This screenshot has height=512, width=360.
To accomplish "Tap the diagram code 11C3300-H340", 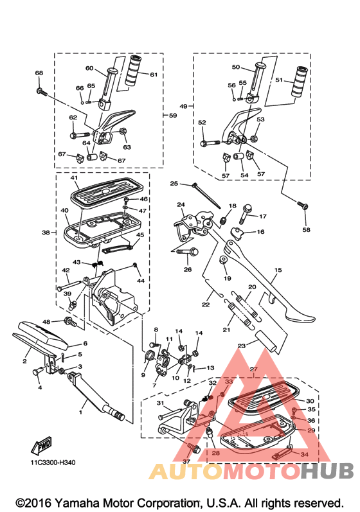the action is (x=53, y=463).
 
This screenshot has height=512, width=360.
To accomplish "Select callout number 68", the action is (x=39, y=73).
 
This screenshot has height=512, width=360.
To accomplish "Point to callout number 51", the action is (x=278, y=80).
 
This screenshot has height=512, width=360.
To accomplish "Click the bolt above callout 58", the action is (x=303, y=206).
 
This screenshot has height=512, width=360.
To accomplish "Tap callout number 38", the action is (x=46, y=233).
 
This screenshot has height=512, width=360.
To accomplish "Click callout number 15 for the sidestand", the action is (x=278, y=270).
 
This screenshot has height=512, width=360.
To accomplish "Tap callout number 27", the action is (x=253, y=369).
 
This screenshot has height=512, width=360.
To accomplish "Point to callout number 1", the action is (x=80, y=412).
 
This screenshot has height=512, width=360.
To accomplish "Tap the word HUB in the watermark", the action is (x=327, y=471).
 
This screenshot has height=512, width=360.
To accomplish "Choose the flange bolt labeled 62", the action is (x=80, y=134).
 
